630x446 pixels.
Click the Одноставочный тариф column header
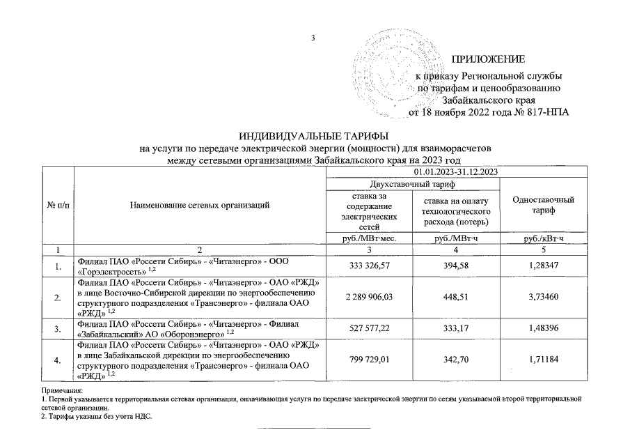pyautogui.click(x=543, y=204)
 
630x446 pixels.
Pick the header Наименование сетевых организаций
pyautogui.click(x=199, y=204)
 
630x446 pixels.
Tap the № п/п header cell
pyautogui.click(x=58, y=204)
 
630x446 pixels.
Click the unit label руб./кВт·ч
pyautogui.click(x=543, y=238)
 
